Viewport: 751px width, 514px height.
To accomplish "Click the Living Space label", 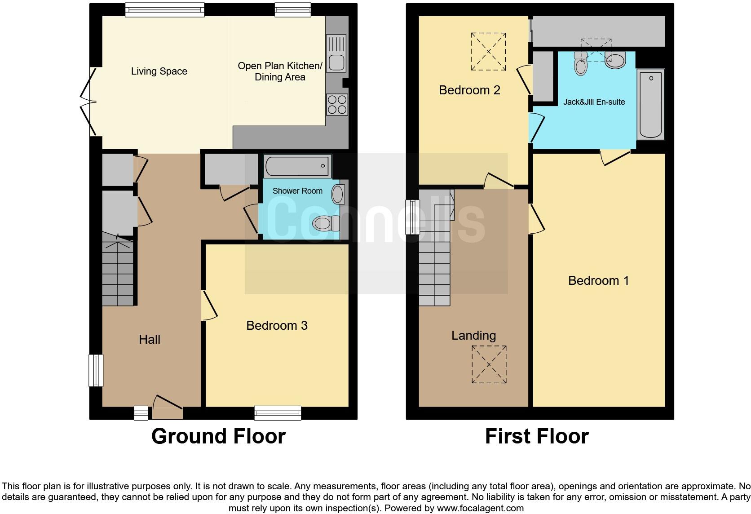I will [159, 71].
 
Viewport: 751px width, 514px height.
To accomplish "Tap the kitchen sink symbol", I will [336, 53].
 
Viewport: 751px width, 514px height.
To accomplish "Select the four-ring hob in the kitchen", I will [336, 104].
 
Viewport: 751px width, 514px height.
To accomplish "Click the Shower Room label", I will [297, 191].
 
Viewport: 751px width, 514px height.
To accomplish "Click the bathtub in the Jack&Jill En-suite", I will [650, 104].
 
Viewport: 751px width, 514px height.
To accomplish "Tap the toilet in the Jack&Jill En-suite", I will [581, 64].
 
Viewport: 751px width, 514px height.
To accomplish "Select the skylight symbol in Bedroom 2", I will [488, 51].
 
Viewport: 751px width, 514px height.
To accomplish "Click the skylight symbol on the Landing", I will [489, 364].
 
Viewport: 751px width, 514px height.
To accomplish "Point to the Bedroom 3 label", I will [277, 325].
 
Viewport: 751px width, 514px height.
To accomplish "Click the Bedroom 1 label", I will [598, 281].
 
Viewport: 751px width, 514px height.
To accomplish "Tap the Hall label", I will [150, 339].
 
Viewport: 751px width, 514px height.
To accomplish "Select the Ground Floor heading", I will [218, 436].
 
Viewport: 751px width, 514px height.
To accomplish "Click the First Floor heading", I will [537, 436].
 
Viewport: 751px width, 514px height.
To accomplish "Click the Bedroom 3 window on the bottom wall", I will [278, 412].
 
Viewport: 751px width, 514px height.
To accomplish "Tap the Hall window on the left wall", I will [96, 370].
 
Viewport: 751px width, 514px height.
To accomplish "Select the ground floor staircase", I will [118, 272].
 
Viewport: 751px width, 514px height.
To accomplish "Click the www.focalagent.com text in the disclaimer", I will [480, 509].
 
